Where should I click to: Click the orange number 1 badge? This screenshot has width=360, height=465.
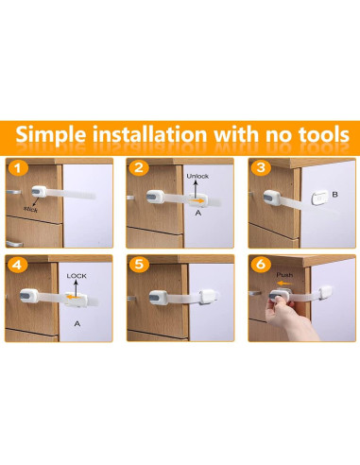coord(18,168)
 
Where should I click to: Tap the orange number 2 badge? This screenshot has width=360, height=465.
coord(139,168)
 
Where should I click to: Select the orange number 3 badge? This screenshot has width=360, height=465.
coord(261,167)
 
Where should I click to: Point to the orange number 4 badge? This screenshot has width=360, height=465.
coord(18,265)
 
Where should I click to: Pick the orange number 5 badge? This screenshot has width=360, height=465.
coord(139,265)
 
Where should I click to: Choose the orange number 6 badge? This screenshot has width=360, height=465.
coord(261,265)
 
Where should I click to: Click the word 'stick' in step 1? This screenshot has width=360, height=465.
coord(30,209)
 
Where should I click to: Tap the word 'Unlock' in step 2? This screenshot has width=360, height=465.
coord(197,176)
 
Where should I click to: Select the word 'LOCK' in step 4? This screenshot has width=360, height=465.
coord(77,276)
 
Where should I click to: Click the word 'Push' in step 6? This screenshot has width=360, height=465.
coord(284,275)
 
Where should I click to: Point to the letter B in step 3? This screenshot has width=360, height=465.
coord(335,195)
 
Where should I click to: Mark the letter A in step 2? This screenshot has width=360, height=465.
coord(198,213)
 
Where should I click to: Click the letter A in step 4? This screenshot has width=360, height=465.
coord(77,323)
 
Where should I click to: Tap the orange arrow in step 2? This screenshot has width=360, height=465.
coord(197,200)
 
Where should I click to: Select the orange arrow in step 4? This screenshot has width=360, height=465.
coord(73,297)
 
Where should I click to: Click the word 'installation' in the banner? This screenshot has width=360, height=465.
coord(149,134)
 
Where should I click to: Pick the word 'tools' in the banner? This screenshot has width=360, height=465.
coord(324,134)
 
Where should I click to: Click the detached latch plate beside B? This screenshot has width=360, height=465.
coord(319,198)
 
